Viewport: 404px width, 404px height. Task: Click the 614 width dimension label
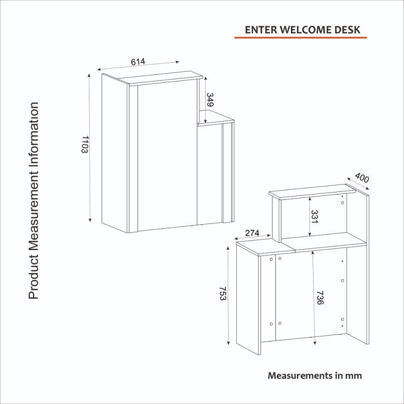138,62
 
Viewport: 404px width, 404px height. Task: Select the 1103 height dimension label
84,145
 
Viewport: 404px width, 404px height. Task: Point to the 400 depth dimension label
362,178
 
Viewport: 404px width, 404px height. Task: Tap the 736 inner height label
320,298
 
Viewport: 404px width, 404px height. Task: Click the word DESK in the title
347,29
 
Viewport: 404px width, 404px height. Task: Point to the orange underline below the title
300,38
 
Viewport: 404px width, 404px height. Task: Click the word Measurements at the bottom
299,376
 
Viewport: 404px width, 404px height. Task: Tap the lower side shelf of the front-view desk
216,120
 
